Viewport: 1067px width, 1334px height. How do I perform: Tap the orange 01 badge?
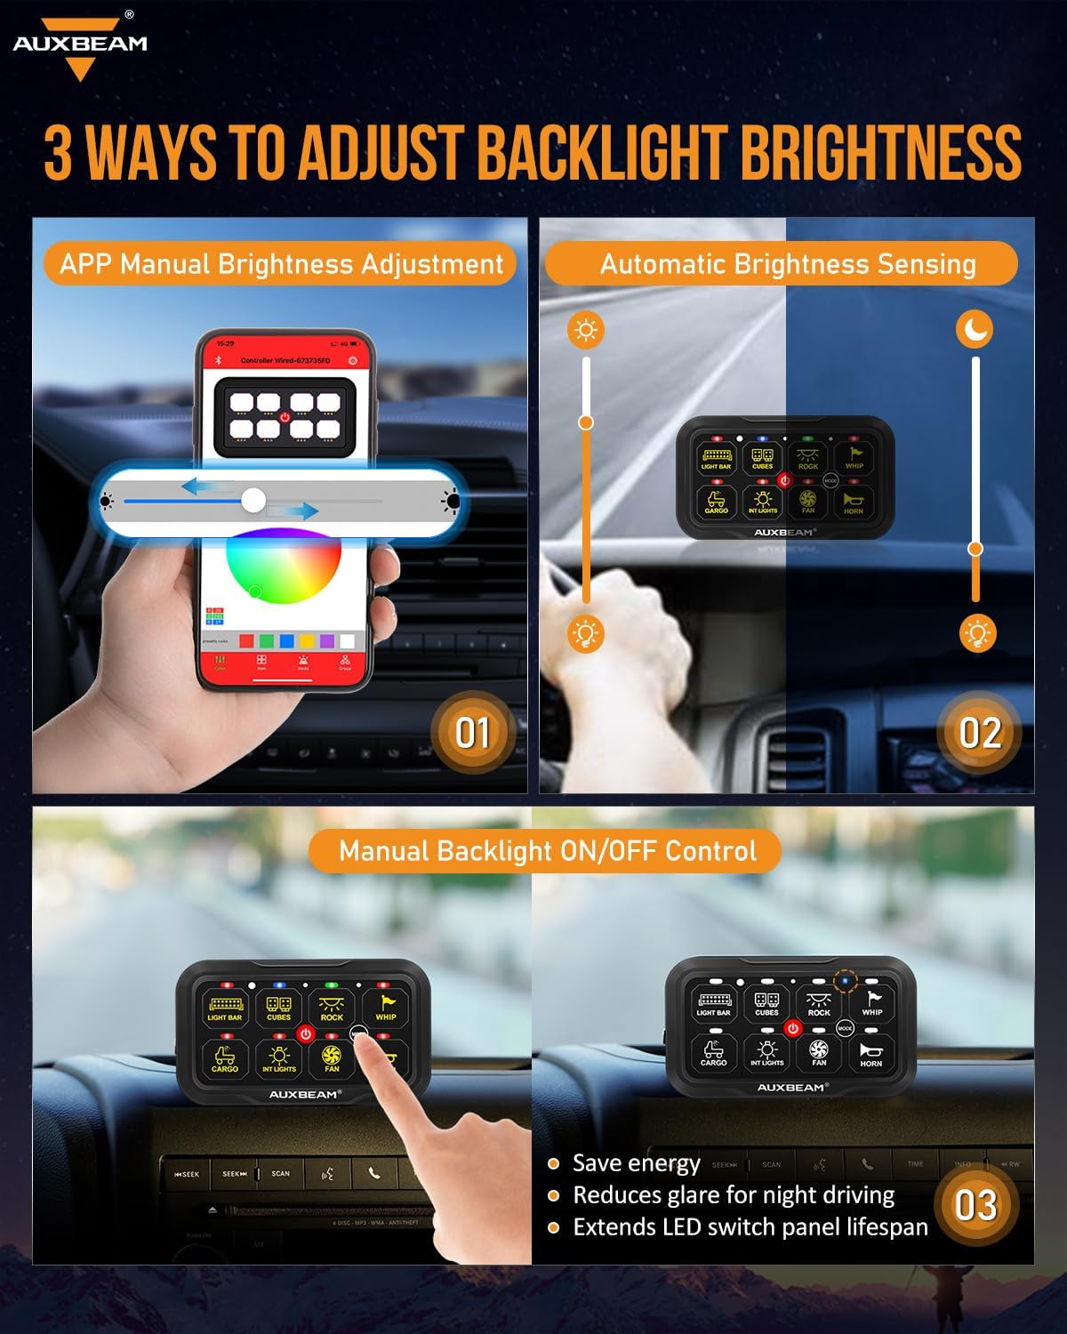tap(472, 733)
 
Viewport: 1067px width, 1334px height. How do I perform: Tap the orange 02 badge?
tap(979, 733)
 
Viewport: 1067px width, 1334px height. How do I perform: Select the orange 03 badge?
tap(975, 1206)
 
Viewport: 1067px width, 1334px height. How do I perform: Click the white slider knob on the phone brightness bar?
tap(253, 501)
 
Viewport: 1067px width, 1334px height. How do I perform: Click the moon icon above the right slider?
tap(975, 329)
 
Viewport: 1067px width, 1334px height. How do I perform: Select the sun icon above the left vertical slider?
tap(585, 330)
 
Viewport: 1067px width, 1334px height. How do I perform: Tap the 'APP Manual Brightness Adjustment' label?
tap(281, 264)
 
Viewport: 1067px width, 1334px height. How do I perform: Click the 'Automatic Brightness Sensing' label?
tap(788, 264)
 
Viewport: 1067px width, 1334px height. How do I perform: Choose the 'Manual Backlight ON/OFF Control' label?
tap(548, 851)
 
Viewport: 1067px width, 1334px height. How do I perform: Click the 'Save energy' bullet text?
tap(636, 1163)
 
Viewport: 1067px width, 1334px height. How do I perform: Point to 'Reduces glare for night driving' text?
tap(734, 1195)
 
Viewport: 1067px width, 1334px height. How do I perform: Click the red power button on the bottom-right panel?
tap(793, 1028)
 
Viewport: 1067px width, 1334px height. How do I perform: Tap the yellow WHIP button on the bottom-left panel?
tap(386, 1008)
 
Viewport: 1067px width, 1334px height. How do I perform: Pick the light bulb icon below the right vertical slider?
tap(978, 633)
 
